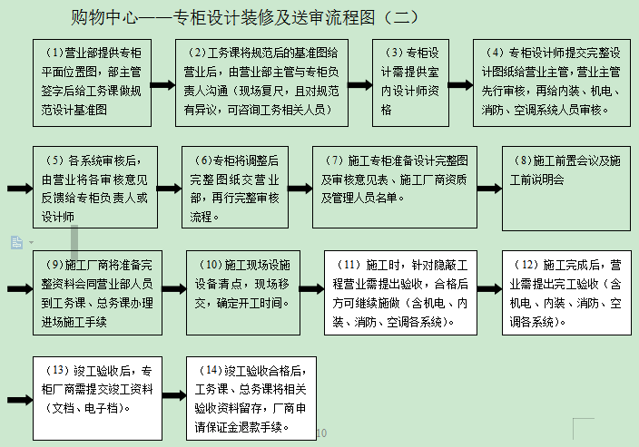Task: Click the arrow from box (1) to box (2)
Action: point(162,85)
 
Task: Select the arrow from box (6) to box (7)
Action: point(299,189)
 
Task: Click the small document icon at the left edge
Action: point(16,241)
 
